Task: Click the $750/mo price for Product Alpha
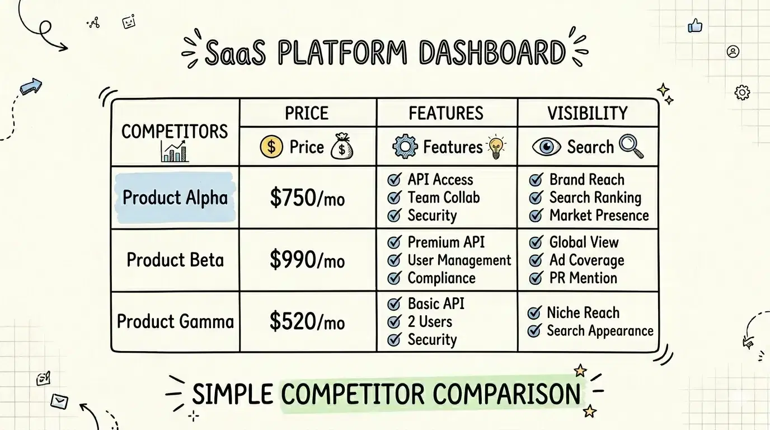click(307, 198)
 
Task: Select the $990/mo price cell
click(307, 260)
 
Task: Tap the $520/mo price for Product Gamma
click(307, 321)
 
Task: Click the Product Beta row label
click(175, 260)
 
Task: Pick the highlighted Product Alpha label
click(175, 198)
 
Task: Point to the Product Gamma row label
click(175, 321)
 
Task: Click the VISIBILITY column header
click(588, 114)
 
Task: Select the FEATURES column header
click(446, 114)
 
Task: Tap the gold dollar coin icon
click(271, 147)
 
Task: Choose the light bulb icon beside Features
click(496, 147)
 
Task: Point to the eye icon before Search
click(546, 147)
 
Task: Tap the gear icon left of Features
click(405, 147)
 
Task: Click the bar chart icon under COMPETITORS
click(175, 151)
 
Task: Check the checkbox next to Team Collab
click(395, 198)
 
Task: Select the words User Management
click(459, 260)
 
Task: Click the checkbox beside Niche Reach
click(534, 313)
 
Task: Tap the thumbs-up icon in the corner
click(695, 25)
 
